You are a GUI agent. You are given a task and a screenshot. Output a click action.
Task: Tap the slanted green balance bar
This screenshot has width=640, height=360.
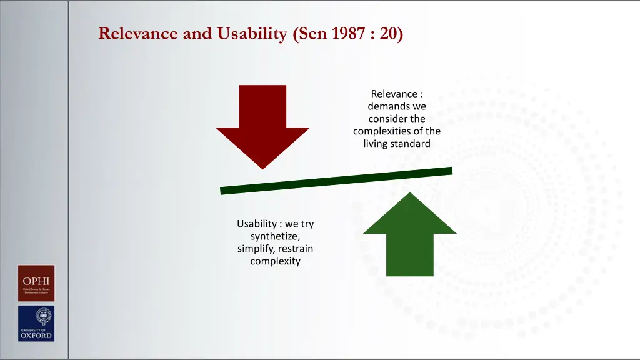(x=336, y=181)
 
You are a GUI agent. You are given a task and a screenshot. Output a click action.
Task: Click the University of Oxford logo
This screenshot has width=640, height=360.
(x=36, y=323)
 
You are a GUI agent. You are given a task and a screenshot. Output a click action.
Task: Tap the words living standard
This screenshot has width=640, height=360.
(x=397, y=144)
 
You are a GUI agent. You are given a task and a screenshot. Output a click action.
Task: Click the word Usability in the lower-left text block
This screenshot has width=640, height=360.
(x=256, y=224)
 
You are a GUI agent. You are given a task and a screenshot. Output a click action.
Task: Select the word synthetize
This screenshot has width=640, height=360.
(x=275, y=236)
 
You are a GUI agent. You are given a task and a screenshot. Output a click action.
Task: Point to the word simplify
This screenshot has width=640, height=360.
(x=256, y=249)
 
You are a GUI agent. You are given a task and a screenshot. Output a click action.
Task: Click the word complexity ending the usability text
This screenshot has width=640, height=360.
(x=275, y=261)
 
